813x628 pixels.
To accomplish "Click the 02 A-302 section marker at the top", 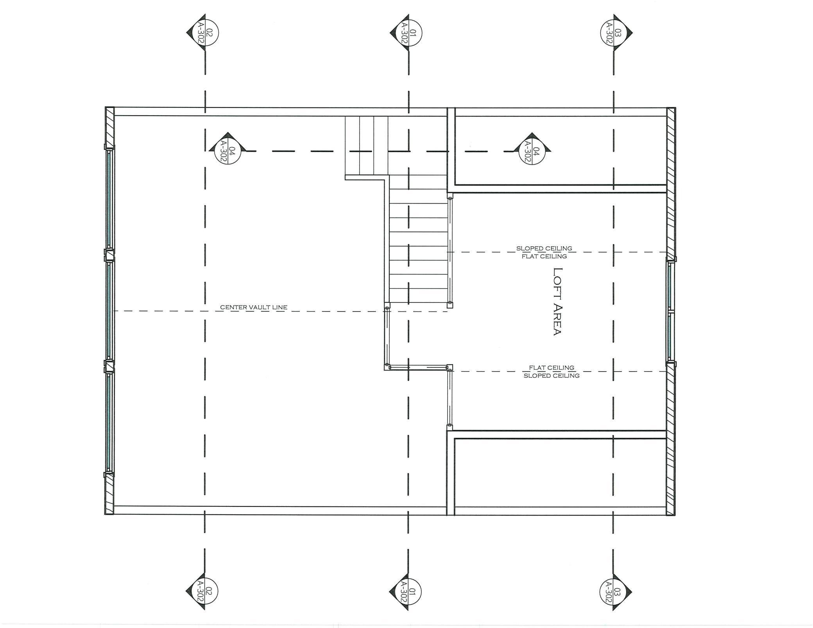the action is [x=204, y=32].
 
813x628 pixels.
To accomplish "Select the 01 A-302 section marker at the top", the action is [x=407, y=32].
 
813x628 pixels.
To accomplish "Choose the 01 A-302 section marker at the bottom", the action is [x=406, y=591].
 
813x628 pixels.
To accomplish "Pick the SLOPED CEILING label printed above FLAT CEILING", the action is [x=544, y=248].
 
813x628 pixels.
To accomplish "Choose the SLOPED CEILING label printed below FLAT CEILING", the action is [x=552, y=376].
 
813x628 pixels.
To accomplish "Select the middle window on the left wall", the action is [x=109, y=311].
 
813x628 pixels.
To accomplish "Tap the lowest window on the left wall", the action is [x=109, y=422].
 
